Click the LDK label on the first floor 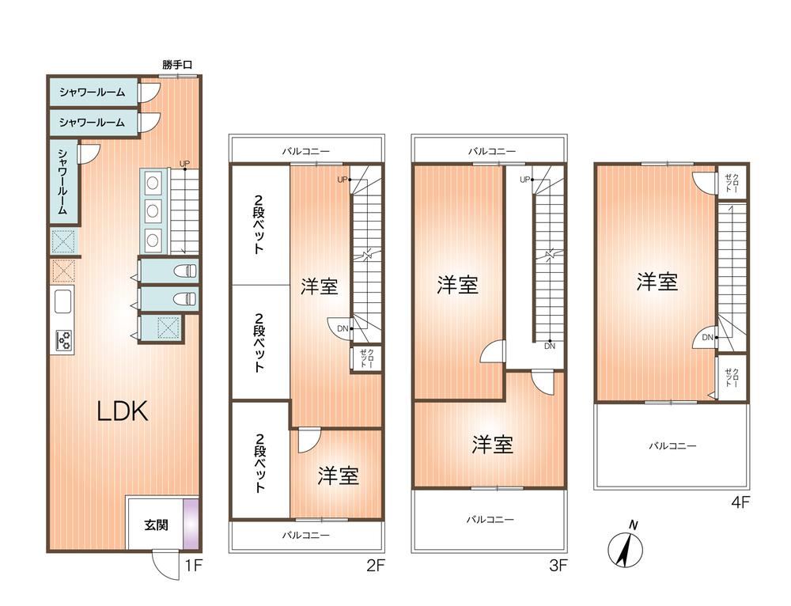[122, 411]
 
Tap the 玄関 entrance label [156, 525]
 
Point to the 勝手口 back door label [177, 65]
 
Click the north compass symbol [626, 547]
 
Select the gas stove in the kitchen [63, 340]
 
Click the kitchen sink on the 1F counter [62, 301]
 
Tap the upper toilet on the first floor [184, 271]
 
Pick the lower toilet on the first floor [184, 299]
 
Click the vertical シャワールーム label [62, 182]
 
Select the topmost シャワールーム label [92, 92]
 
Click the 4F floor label [740, 502]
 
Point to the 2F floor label [375, 565]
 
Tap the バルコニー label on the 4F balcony [672, 446]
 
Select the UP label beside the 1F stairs [184, 164]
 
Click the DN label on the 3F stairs [550, 347]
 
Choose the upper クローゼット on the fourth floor [732, 182]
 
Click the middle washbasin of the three [153, 210]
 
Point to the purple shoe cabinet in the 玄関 [191, 524]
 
